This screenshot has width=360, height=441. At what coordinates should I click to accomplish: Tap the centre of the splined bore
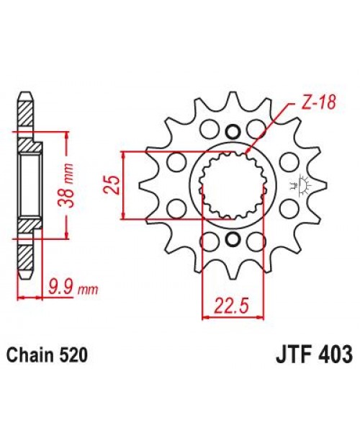[x=230, y=185]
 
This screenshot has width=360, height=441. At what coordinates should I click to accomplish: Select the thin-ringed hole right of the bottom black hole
[x=256, y=239]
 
